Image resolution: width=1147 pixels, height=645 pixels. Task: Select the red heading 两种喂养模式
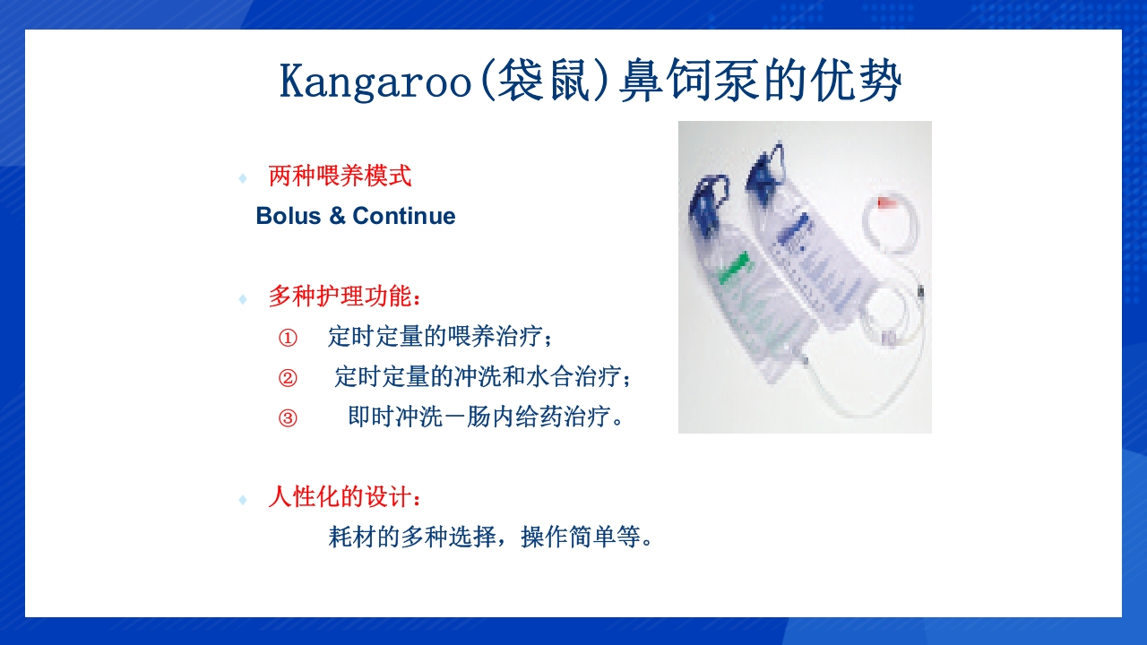pos(340,176)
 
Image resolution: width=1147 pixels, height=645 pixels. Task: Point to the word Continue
pos(404,216)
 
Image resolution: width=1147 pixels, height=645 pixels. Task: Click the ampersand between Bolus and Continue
pos(337,216)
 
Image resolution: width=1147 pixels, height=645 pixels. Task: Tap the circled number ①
pos(287,338)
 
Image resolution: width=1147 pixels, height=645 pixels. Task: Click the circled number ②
pos(287,378)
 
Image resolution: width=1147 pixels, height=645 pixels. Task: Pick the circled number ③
pos(287,418)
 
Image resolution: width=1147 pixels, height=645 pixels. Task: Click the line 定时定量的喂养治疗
pos(440,338)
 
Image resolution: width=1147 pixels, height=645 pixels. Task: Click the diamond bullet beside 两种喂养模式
pos(242,178)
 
